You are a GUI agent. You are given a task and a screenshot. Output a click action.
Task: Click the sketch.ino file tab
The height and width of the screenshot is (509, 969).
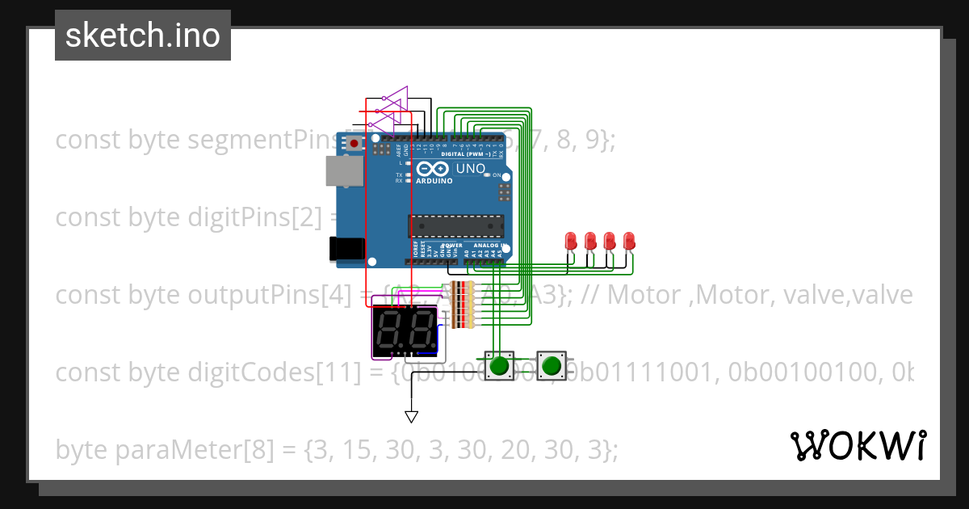(x=143, y=36)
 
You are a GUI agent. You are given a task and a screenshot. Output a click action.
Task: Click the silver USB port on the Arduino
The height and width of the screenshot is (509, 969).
(x=343, y=170)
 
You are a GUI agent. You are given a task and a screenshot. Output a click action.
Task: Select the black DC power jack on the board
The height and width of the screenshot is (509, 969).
(x=346, y=248)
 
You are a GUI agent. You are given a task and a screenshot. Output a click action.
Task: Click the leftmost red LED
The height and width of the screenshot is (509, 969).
(x=571, y=241)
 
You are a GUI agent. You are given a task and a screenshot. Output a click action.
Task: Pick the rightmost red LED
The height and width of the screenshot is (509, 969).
(x=629, y=241)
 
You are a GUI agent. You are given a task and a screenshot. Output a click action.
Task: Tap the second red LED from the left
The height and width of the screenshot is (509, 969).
(x=590, y=241)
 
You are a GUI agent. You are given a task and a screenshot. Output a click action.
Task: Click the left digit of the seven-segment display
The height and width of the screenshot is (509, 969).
(x=389, y=330)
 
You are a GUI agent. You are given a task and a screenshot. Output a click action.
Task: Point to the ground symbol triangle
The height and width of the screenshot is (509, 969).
(x=411, y=417)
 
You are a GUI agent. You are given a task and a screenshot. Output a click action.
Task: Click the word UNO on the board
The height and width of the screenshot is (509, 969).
(x=471, y=169)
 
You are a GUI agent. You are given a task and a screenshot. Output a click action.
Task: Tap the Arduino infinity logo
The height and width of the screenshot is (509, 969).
(x=434, y=170)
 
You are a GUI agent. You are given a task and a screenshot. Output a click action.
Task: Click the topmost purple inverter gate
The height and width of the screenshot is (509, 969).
(x=394, y=101)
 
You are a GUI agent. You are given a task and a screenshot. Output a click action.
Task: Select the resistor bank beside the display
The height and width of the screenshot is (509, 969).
(x=462, y=305)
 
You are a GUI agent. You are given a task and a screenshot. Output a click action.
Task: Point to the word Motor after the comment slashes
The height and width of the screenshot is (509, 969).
(x=644, y=296)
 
